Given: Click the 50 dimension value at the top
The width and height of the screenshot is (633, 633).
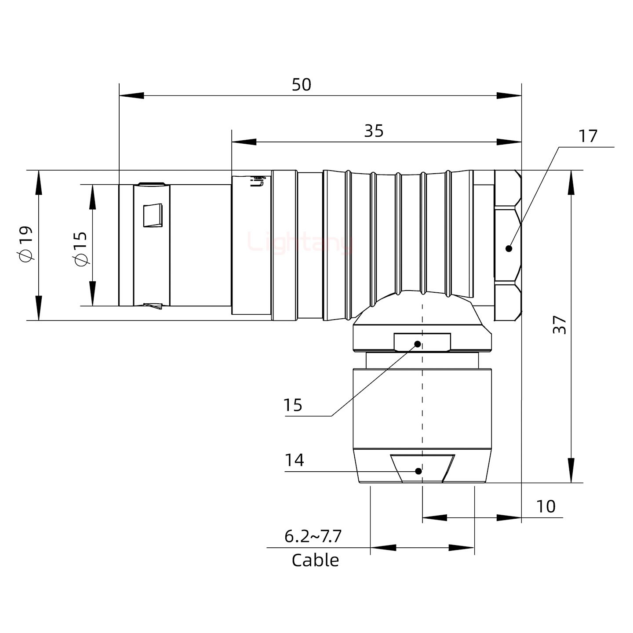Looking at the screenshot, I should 302,85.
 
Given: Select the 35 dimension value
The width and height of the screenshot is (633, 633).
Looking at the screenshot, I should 374,131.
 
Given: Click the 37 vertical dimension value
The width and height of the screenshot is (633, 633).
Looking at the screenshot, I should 560,324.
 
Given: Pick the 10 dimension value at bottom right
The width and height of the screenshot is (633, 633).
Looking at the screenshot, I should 546,506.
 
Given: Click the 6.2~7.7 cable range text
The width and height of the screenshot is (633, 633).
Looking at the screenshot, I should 313,536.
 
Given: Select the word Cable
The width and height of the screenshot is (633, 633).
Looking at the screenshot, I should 315,560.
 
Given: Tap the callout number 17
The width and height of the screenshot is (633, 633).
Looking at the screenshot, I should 588,136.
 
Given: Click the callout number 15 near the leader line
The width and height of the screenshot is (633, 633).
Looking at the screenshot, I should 293,405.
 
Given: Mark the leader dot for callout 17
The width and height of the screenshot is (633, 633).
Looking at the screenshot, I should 509,248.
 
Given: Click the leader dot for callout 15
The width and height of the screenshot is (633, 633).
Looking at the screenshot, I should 418,344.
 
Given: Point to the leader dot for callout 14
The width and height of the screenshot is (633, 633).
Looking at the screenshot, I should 418,471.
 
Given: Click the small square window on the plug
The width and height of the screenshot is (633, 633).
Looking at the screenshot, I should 153,215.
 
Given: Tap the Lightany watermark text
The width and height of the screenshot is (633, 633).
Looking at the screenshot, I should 300,242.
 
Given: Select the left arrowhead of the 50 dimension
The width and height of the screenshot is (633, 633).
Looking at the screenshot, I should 131,95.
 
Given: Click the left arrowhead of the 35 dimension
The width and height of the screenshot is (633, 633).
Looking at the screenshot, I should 244,142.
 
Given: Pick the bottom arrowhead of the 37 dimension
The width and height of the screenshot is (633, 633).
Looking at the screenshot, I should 571,470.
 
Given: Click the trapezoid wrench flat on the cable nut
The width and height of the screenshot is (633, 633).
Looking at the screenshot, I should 422,469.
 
